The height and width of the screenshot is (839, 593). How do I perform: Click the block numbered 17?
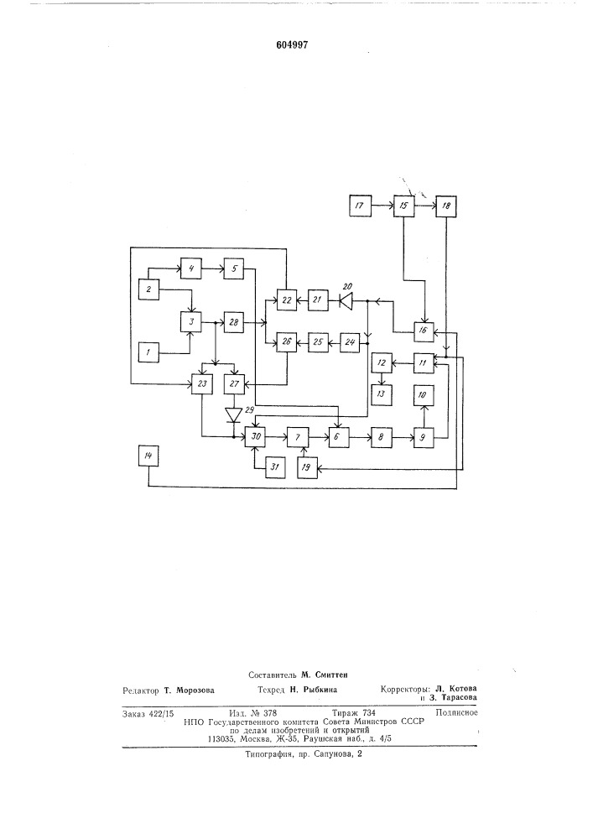360,206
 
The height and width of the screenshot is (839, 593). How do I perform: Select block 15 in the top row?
403,206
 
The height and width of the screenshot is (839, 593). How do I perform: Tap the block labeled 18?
446,206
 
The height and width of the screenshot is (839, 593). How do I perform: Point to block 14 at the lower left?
148,456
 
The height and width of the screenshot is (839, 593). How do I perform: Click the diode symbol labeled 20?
346,301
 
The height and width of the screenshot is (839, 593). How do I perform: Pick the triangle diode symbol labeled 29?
233,414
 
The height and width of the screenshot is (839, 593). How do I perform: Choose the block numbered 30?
256,437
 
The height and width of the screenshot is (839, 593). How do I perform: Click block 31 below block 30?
275,467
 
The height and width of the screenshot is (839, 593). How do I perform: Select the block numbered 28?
234,323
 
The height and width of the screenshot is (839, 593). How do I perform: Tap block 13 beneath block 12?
382,395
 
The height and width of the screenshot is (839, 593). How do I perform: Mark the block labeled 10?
424,395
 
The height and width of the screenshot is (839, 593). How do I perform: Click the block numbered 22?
287,300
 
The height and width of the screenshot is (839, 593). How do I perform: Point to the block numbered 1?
148,352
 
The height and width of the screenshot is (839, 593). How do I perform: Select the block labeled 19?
306,467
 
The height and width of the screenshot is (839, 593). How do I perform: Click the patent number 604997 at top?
292,45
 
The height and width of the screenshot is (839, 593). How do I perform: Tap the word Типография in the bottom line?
268,754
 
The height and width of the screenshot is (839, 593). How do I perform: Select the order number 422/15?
162,713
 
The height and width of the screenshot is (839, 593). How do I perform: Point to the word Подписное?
456,712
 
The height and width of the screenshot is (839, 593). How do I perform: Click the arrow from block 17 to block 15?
382,206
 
